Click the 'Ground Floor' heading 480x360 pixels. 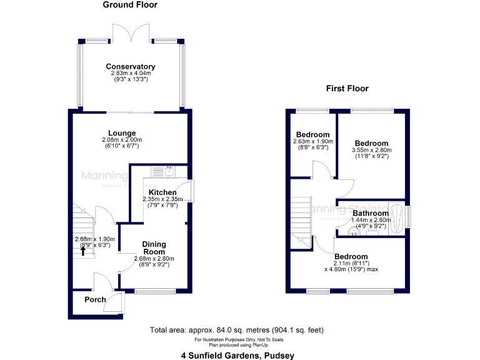pyautogui.click(x=130, y=5)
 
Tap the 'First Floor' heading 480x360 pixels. pyautogui.click(x=347, y=89)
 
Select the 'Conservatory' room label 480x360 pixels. pyautogui.click(x=130, y=67)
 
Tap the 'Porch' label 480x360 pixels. pyautogui.click(x=95, y=299)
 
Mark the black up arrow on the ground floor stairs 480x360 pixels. pyautogui.click(x=83, y=251)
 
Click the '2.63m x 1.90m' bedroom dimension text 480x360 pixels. pyautogui.click(x=312, y=141)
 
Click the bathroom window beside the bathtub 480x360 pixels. pyautogui.click(x=409, y=216)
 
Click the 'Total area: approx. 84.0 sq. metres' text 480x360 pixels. pyautogui.click(x=236, y=330)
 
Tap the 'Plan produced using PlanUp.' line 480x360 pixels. pyautogui.click(x=239, y=344)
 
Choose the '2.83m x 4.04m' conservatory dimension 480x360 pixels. pyautogui.click(x=130, y=74)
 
